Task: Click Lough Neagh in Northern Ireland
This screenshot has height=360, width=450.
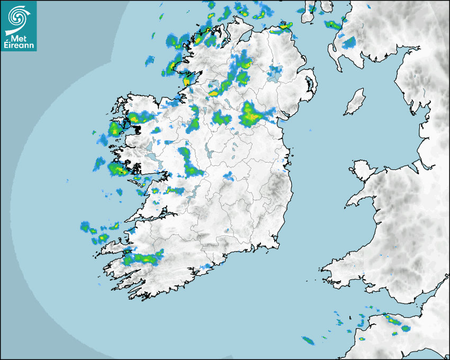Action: point(275,74)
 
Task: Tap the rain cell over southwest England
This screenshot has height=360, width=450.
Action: point(392,321)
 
